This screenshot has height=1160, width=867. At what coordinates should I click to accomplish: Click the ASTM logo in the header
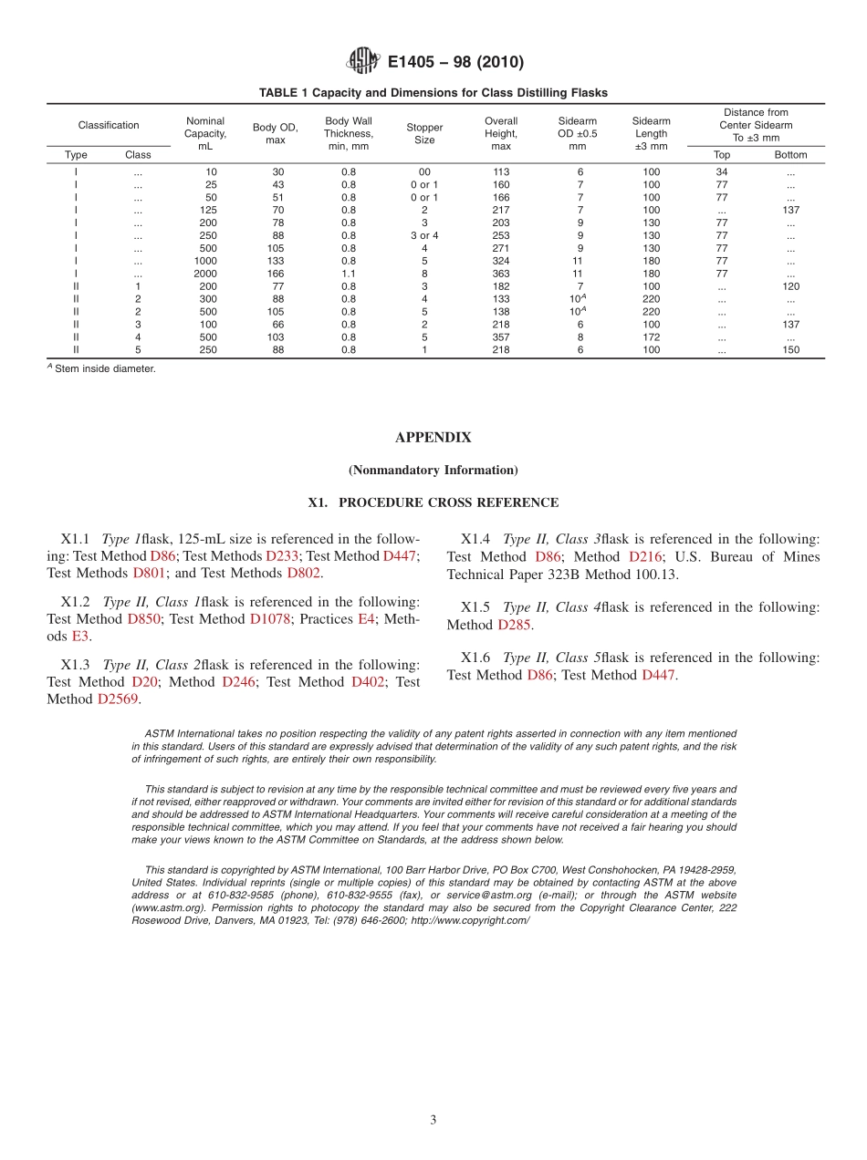[x=363, y=62]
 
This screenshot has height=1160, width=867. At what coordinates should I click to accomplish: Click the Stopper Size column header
[x=424, y=134]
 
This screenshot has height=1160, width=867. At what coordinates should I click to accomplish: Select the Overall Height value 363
[x=501, y=274]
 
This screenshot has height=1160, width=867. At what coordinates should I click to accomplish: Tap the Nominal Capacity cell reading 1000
[x=205, y=261]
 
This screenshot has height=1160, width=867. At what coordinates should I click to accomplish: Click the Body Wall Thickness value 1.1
[x=349, y=274]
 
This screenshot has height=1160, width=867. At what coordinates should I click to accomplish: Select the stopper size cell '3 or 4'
[x=424, y=235]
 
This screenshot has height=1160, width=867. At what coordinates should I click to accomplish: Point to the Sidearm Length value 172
[x=651, y=337]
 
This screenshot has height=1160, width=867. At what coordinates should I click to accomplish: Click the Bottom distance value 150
[x=790, y=350]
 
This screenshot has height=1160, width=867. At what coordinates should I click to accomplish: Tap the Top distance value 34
[x=721, y=171]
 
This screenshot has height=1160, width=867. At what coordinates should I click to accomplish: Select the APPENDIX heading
[x=433, y=438]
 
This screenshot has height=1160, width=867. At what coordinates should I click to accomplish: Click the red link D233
[x=282, y=556]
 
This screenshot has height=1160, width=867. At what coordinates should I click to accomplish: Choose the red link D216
[x=644, y=556]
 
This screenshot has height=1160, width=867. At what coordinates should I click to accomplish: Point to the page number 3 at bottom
[x=433, y=1120]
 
